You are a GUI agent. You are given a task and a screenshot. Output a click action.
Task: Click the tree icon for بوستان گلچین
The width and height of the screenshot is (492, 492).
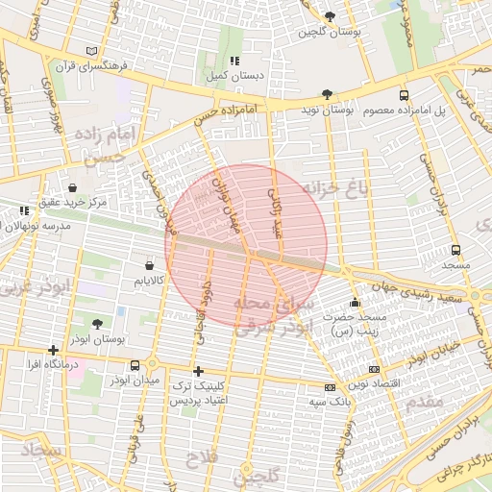click(330, 16)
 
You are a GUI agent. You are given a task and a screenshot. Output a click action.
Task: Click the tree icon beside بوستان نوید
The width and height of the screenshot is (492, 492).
click(328, 94)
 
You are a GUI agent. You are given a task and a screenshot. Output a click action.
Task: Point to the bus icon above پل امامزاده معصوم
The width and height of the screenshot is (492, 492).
click(404, 95)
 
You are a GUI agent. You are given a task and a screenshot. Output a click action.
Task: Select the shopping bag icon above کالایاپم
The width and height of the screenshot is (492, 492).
click(149, 264)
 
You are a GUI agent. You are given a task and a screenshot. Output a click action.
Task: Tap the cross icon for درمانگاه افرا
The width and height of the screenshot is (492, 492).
click(53, 350)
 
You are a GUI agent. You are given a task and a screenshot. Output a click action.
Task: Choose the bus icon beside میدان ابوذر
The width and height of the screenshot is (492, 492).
click(135, 365)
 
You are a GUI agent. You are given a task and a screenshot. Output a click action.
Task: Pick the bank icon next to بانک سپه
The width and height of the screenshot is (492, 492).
click(330, 387)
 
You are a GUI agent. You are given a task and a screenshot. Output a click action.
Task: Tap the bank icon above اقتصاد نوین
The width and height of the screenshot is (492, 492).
click(374, 369)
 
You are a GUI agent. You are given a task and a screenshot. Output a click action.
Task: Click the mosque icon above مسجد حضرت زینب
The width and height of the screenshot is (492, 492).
click(355, 303)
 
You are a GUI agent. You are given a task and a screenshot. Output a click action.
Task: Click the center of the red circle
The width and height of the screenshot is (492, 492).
click(246, 245)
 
